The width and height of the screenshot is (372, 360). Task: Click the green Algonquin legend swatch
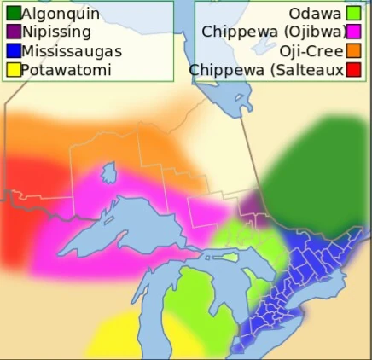pos(12,14)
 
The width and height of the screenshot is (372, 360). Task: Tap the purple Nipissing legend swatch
pos(12,32)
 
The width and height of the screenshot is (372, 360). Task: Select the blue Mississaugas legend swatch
pos(12,51)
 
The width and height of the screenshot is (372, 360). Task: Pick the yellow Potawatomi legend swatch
pos(12,70)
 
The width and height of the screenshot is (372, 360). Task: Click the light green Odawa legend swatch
pos(353,14)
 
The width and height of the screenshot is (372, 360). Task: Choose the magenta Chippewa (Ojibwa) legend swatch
pos(353,32)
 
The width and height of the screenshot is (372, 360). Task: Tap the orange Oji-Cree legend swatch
pos(353,51)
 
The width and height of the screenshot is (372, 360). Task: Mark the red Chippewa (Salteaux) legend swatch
pos(353,70)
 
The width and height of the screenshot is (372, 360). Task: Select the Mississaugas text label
pos(72,51)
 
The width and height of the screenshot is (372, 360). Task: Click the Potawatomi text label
pos(66,70)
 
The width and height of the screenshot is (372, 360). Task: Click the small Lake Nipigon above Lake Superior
pos(108,173)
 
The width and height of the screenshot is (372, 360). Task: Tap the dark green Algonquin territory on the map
pos(316,171)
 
